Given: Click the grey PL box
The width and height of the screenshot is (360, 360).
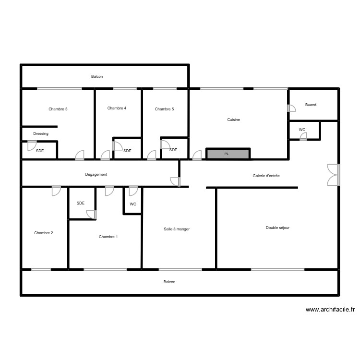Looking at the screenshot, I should (228, 154).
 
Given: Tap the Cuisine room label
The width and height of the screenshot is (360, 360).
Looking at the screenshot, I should (234, 120).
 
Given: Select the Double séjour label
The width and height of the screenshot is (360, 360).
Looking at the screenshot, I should (277, 228).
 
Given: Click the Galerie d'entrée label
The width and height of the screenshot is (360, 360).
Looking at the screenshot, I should (266, 176).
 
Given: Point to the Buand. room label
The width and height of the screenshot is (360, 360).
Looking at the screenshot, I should (311, 105).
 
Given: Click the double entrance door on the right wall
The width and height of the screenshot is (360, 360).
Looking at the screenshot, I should (333, 174).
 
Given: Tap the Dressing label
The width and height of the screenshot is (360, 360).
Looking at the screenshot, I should (41, 133).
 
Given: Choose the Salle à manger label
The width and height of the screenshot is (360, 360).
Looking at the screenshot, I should (177, 229).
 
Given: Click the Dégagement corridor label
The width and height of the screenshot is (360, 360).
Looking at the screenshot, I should (96, 174).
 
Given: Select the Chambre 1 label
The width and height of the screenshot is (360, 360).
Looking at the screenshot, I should (108, 237).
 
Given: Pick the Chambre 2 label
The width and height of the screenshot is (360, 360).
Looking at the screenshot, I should (44, 233).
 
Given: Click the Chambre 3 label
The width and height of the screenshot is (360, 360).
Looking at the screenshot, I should (58, 109).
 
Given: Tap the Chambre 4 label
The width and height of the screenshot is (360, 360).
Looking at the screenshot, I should (117, 108).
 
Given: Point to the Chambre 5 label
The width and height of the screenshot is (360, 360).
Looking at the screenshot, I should (164, 109).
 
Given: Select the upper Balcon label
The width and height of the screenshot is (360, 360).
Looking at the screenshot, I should (97, 76).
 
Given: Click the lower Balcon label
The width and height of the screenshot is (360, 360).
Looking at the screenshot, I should (169, 282).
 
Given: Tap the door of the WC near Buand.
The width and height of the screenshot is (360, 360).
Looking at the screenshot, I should (303, 137).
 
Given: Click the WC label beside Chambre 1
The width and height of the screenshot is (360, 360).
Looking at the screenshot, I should (133, 204).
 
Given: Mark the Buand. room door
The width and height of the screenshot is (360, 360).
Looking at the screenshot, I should (291, 108).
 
